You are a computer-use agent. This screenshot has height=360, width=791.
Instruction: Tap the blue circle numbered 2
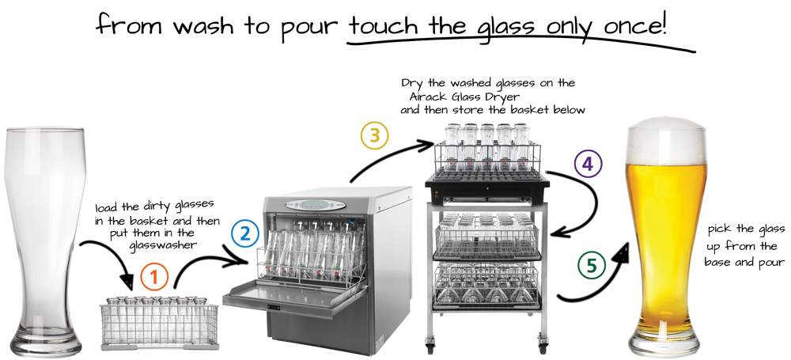point(245,234)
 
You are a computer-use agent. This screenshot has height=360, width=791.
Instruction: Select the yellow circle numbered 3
point(374,136)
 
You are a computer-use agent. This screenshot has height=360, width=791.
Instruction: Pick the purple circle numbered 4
point(589,164)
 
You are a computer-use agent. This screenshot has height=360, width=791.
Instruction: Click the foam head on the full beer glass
point(665,140)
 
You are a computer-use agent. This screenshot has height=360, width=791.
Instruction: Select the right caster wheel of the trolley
point(543,347)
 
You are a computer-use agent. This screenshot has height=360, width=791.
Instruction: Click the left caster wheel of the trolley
point(430,347)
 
